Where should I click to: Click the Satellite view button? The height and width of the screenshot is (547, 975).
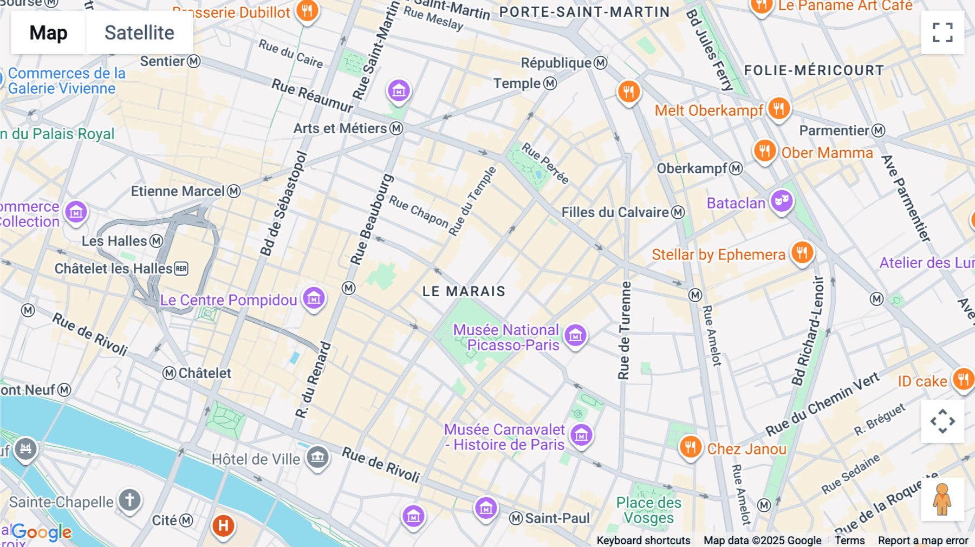pyautogui.click(x=139, y=33)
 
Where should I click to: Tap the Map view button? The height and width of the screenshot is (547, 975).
pyautogui.click(x=48, y=33)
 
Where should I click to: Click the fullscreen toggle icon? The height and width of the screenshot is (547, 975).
pyautogui.click(x=942, y=32)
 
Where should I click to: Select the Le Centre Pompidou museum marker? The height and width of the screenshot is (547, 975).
pyautogui.click(x=314, y=298)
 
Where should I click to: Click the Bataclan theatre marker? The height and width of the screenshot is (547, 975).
pyautogui.click(x=781, y=201)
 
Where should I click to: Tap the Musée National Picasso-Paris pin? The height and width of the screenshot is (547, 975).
pyautogui.click(x=575, y=335)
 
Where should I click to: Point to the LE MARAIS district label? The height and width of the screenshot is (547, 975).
pyautogui.click(x=464, y=291)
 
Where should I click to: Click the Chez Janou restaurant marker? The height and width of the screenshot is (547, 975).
pyautogui.click(x=690, y=447)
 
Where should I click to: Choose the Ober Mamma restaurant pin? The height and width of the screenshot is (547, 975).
pyautogui.click(x=764, y=151)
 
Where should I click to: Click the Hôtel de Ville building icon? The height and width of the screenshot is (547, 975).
pyautogui.click(x=317, y=458)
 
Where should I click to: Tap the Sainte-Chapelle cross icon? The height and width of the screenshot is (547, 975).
pyautogui.click(x=129, y=500)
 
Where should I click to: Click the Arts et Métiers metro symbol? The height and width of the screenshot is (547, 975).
pyautogui.click(x=396, y=128)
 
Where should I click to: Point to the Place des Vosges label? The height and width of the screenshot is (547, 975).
pyautogui.click(x=648, y=510)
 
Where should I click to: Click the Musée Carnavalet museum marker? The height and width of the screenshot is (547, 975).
pyautogui.click(x=581, y=435)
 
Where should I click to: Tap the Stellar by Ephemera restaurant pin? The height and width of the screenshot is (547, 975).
pyautogui.click(x=802, y=252)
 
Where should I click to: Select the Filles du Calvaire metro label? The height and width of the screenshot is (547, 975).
pyautogui.click(x=615, y=212)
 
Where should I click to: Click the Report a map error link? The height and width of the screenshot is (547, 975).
pyautogui.click(x=922, y=540)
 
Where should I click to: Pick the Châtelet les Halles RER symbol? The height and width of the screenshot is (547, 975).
pyautogui.click(x=181, y=269)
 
